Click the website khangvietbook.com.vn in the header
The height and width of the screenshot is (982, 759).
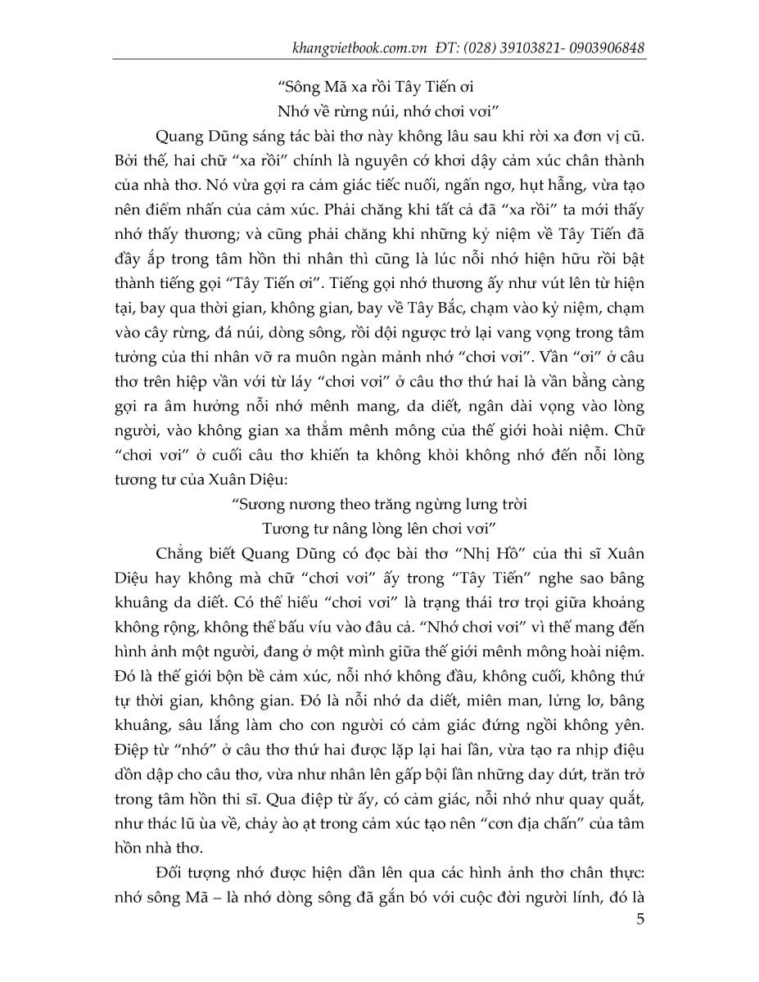360,47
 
